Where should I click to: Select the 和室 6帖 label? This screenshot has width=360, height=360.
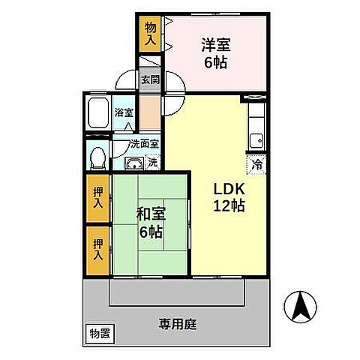point(149,223)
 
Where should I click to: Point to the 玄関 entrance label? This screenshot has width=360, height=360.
point(149,78)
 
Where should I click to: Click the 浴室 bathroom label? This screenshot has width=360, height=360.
point(124,113)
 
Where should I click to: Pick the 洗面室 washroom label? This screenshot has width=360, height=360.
point(143,144)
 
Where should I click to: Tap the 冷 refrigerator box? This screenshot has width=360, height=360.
point(257,164)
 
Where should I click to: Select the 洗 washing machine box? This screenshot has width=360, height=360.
point(152,161)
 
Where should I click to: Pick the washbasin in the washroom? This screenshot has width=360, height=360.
point(133,164)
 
